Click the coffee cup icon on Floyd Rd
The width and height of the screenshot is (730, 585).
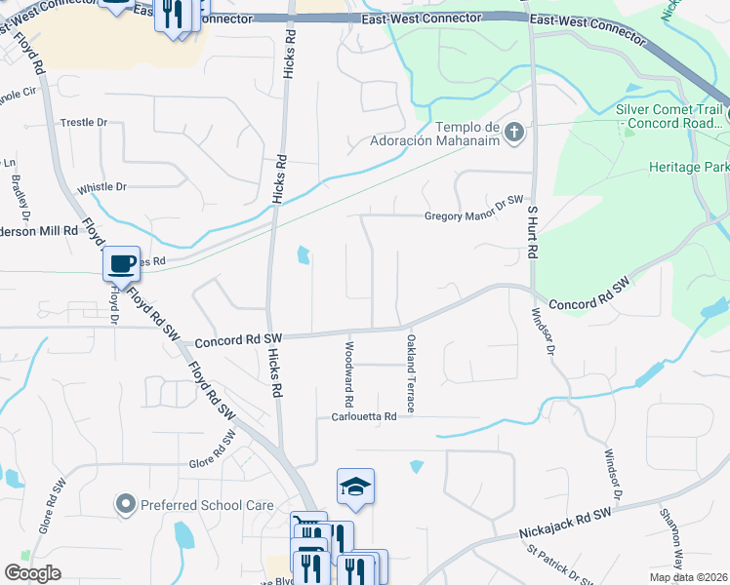[x=121, y=262]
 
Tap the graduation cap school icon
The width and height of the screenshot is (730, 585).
[x=355, y=486]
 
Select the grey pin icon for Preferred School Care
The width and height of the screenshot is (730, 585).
[x=125, y=504]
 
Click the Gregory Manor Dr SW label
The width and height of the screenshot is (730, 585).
[x=467, y=216]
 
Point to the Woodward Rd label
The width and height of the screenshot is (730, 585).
[x=347, y=374]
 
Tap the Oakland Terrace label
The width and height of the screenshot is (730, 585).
[x=410, y=373]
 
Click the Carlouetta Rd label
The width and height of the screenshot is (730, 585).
[x=363, y=416]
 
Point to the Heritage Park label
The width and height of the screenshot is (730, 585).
[x=689, y=167]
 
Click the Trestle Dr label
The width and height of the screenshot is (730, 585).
[x=83, y=122]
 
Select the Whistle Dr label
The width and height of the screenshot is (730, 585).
[x=102, y=186]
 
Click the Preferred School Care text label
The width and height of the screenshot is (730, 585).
[x=207, y=505]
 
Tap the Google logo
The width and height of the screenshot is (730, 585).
[x=33, y=572]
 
